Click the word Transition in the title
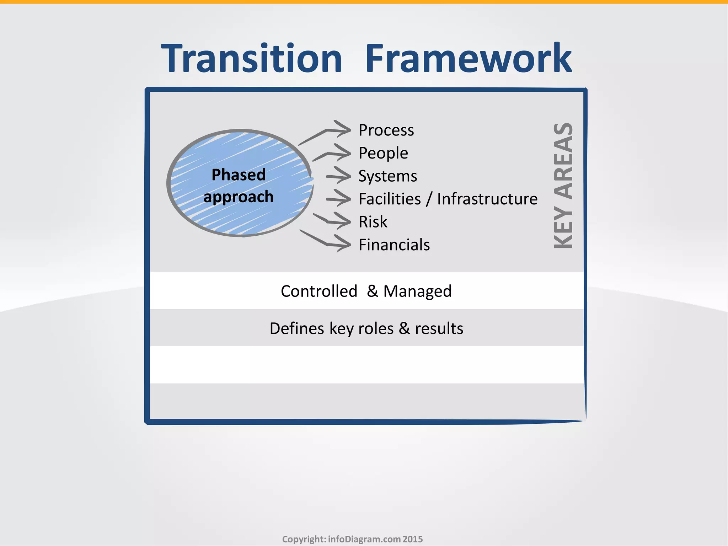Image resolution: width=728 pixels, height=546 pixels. (x=252, y=59)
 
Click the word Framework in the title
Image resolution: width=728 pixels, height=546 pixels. (x=469, y=59)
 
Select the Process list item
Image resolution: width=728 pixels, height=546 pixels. (x=386, y=130)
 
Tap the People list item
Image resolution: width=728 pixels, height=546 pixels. (x=383, y=153)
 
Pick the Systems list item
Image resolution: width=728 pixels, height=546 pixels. (x=387, y=176)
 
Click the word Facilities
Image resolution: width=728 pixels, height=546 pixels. (x=390, y=199)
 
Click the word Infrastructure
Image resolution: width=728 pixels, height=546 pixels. (x=487, y=199)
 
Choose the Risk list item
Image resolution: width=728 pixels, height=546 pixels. (x=373, y=222)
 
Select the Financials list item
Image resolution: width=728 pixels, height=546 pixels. (x=394, y=245)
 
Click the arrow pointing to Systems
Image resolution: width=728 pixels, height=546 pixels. (x=339, y=176)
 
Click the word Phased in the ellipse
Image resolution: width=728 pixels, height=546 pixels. (x=239, y=175)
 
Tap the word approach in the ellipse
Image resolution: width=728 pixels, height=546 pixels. (x=239, y=197)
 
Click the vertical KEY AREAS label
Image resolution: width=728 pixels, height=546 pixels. (x=563, y=186)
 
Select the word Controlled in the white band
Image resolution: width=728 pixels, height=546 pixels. (x=319, y=291)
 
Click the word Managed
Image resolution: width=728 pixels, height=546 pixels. (x=417, y=291)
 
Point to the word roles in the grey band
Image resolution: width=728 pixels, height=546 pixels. (x=376, y=328)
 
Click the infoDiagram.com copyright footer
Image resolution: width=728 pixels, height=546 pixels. (x=352, y=539)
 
